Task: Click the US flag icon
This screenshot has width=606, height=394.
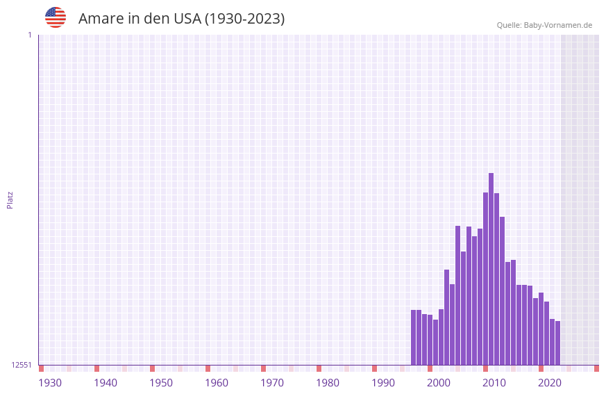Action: point(56,17)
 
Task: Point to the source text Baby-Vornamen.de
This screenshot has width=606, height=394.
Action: point(557,25)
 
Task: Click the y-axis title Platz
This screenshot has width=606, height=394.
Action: point(10,200)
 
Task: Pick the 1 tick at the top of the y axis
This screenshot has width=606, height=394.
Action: point(30,35)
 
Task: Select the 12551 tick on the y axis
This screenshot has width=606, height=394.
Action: point(22,365)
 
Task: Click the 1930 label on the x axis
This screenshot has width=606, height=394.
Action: point(50,383)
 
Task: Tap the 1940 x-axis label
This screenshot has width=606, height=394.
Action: point(106,383)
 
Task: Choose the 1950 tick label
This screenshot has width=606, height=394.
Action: point(161,383)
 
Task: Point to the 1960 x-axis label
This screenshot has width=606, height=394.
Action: point(217,383)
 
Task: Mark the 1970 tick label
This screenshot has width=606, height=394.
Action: point(272,383)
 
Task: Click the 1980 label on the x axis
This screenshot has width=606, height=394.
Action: point(328,383)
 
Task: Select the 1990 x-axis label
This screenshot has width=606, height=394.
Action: point(383,383)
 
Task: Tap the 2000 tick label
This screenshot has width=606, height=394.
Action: point(439,383)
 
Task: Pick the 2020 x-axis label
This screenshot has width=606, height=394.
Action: point(550,383)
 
